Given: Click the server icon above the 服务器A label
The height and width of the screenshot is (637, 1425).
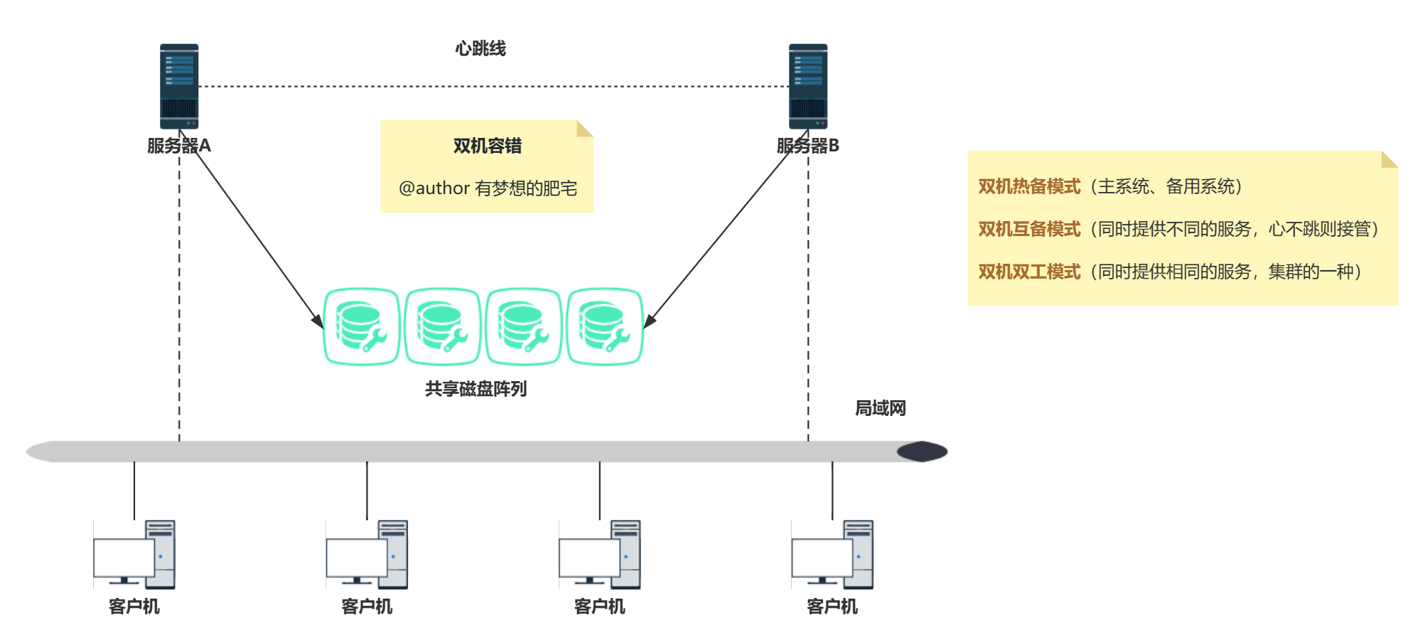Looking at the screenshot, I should click(x=179, y=86).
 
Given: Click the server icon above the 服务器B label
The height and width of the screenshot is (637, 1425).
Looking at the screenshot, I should click(x=808, y=86).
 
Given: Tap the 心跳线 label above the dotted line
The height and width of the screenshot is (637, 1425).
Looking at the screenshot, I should click(x=480, y=48).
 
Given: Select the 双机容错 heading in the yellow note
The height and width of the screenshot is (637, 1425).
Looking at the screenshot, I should click(x=488, y=146).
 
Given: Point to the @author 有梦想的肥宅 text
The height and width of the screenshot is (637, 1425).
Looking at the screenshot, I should click(x=488, y=188).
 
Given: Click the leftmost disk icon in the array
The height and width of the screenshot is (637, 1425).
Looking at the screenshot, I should click(x=361, y=326).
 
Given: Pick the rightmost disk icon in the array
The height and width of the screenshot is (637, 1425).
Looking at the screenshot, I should click(x=605, y=326).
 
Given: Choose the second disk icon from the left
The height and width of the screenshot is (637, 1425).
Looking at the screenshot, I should click(x=442, y=326).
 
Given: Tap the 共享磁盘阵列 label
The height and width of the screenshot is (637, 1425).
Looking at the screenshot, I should click(x=475, y=389).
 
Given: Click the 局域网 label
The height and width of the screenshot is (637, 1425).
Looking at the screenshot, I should click(x=880, y=408).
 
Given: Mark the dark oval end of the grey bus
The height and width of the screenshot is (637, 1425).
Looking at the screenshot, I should click(x=922, y=451).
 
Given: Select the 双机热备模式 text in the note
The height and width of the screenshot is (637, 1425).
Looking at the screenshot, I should click(x=1029, y=186).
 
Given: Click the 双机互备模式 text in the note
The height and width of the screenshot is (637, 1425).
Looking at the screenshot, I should click(x=1029, y=229).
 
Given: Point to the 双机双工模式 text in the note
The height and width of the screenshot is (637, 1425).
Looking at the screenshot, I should click(x=1029, y=272).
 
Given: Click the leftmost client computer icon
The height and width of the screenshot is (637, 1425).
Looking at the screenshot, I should click(x=134, y=555).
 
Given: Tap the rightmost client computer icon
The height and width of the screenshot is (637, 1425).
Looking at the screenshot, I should click(x=832, y=555).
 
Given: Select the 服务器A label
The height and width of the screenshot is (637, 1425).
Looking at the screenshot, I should click(x=179, y=146).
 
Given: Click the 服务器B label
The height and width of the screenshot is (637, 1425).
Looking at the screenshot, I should click(x=808, y=146).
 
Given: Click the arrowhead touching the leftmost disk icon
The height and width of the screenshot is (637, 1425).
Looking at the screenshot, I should click(x=318, y=321).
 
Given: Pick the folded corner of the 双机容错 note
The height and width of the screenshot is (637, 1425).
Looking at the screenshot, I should click(x=584, y=129).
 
